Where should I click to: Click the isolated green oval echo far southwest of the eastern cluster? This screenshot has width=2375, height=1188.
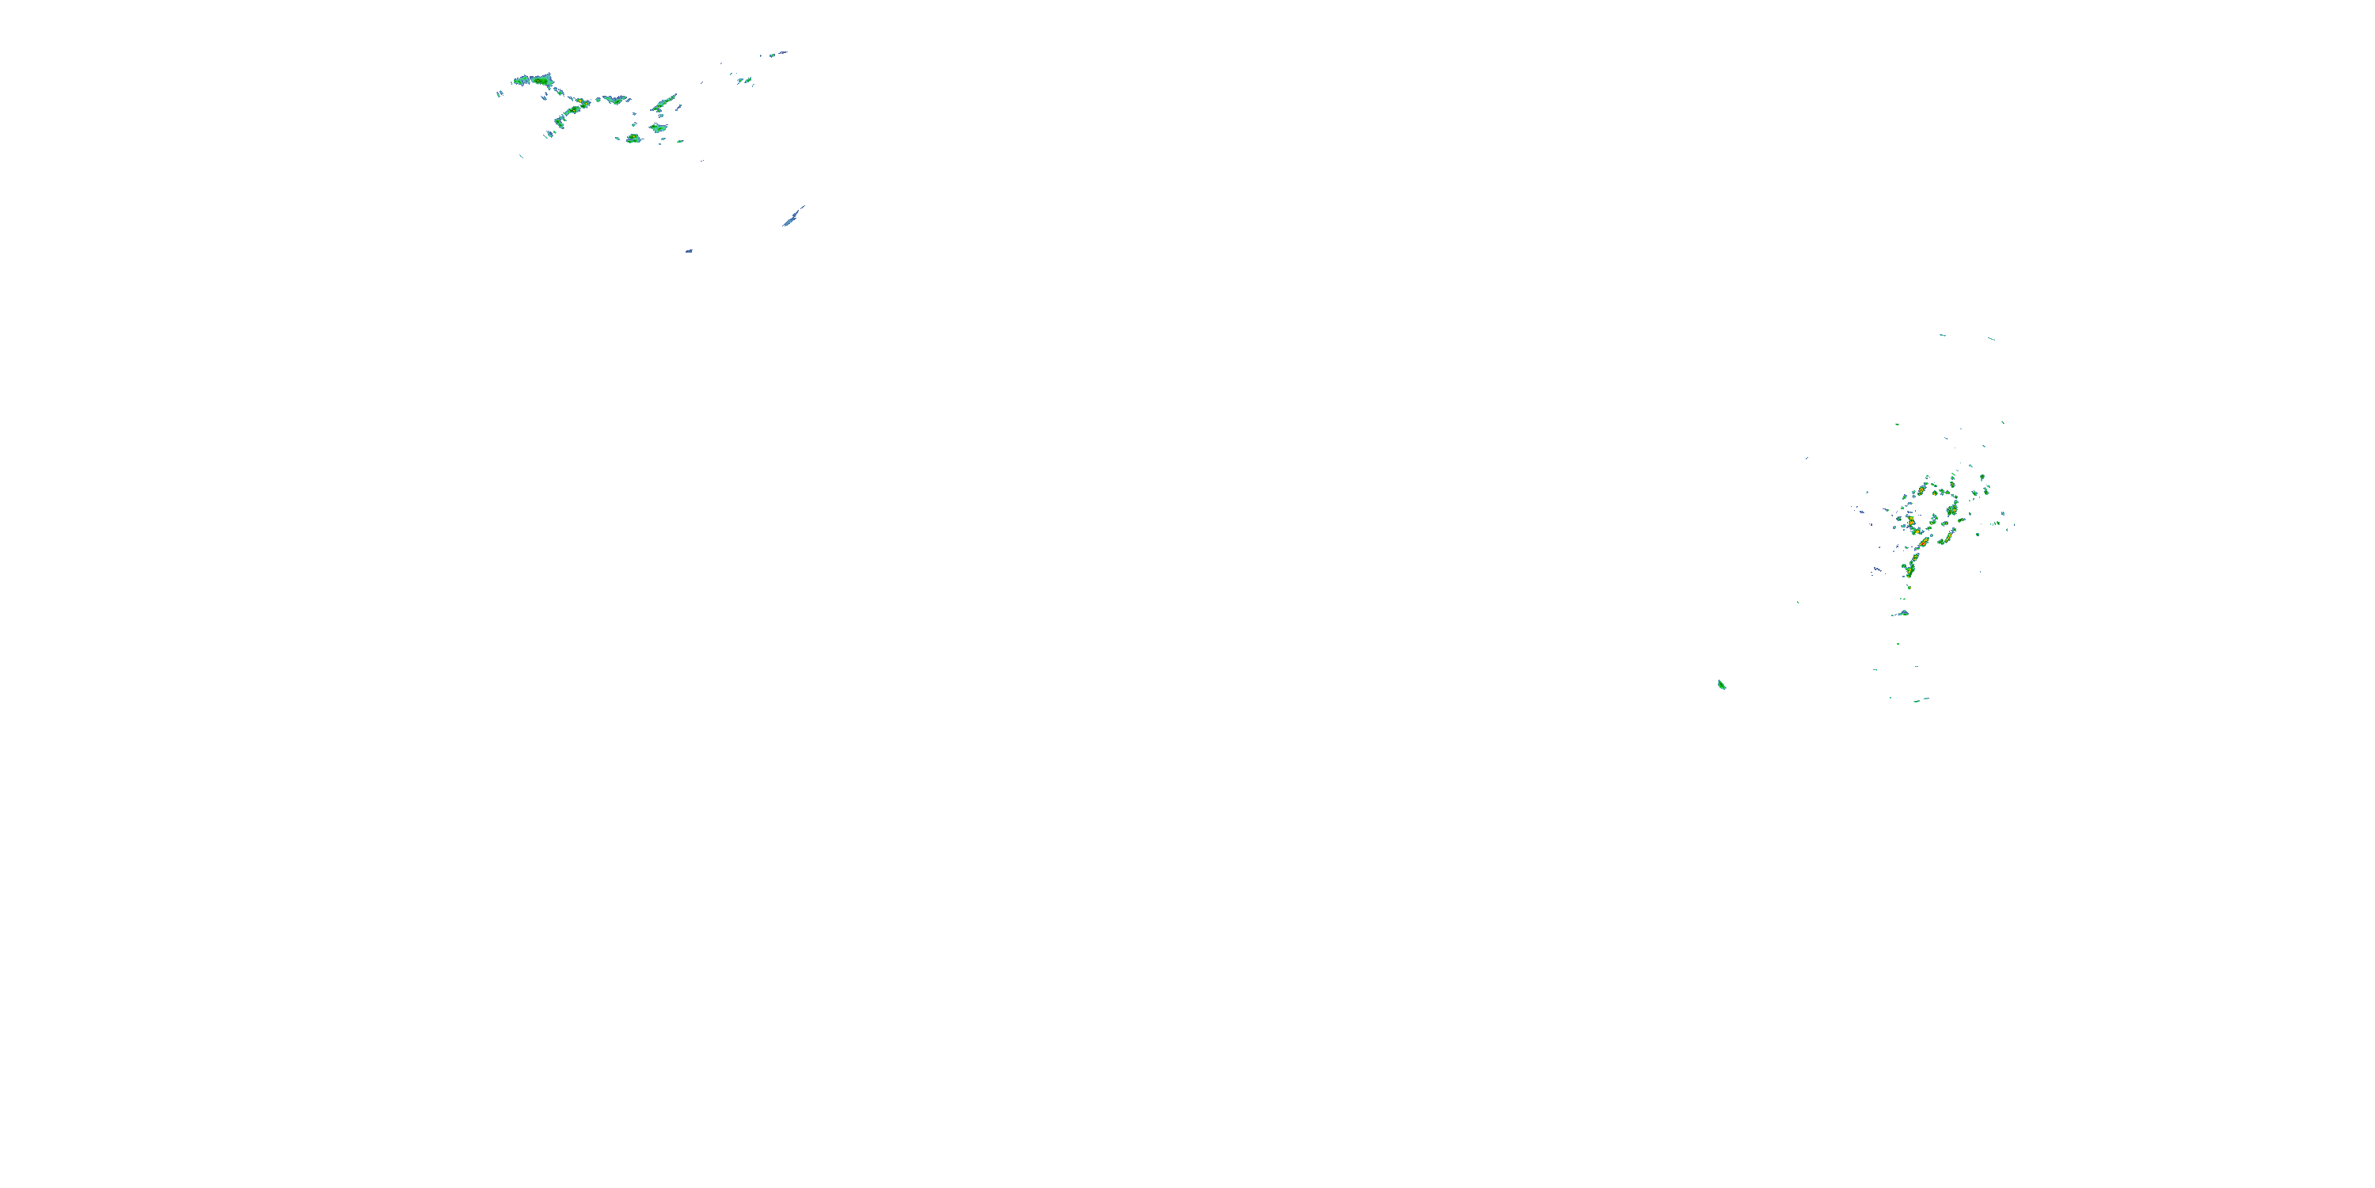(1721, 684)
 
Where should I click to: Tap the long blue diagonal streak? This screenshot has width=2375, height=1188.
(793, 217)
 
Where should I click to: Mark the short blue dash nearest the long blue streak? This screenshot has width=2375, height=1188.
(689, 251)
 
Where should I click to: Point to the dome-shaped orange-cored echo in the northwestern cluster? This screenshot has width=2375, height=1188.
(633, 139)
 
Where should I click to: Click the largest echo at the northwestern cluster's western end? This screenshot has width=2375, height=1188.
(533, 80)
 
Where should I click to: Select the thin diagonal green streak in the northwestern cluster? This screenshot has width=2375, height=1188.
(666, 99)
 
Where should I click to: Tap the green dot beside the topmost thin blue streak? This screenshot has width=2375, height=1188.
(773, 55)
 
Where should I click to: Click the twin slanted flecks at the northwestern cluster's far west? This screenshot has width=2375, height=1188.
(500, 93)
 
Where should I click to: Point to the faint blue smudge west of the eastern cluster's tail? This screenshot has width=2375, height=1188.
(1876, 570)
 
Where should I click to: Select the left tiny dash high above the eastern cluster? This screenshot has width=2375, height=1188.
(1943, 335)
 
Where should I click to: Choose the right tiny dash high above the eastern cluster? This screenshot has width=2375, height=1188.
(1992, 338)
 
